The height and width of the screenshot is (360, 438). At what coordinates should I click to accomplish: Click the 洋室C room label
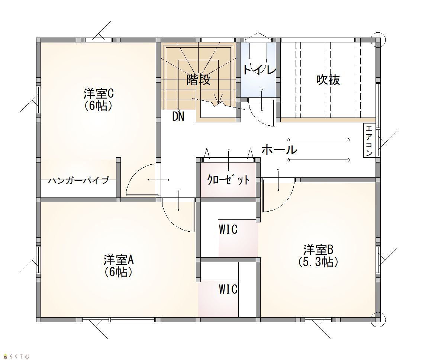tap(99, 94)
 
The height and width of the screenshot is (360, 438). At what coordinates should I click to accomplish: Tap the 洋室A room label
tap(119, 260)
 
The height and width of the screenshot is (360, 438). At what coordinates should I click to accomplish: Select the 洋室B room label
tap(319, 249)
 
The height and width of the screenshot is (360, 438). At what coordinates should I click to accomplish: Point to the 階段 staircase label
tap(198, 80)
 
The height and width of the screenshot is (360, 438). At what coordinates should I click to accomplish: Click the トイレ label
tap(259, 70)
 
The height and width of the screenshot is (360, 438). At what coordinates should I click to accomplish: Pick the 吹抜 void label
tap(328, 80)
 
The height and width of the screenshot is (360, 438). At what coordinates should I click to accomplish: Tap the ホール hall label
tap(279, 150)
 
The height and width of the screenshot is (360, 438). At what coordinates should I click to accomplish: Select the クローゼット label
tap(228, 180)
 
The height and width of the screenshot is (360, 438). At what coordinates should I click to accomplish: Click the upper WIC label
tap(228, 230)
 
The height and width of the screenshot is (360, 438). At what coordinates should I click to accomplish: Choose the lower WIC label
tap(228, 289)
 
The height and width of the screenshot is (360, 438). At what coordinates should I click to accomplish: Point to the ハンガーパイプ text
tap(78, 180)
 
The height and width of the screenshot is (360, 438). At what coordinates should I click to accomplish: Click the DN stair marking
tap(178, 116)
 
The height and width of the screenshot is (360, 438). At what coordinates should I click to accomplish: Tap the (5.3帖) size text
tap(318, 262)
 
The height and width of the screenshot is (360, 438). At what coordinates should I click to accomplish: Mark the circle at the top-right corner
tap(378, 39)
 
